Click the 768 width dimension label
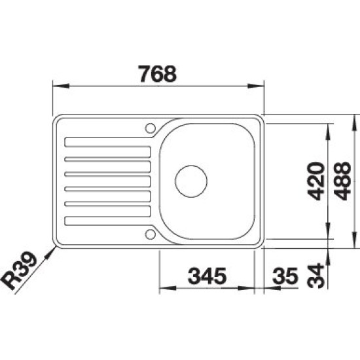click(158, 74)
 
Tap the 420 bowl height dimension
click(316, 181)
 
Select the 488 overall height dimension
click(342, 181)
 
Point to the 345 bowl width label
click(207, 276)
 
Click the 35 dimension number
click(285, 276)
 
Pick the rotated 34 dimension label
click(315, 276)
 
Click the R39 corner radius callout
click(19, 270)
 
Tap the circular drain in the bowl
click(191, 181)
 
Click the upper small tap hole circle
click(151, 128)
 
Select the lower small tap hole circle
click(151, 234)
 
